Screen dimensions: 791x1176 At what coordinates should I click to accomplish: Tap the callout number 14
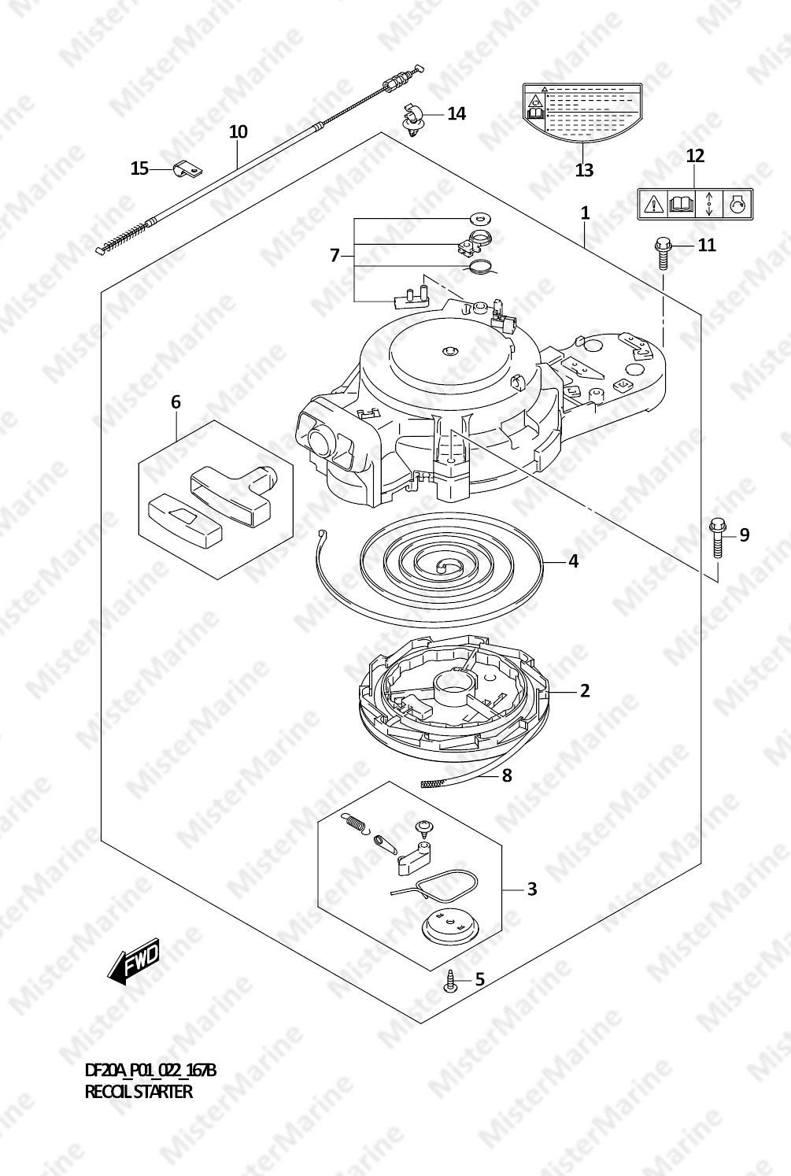tap(456, 113)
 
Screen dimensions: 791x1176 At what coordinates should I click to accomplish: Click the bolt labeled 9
tap(716, 538)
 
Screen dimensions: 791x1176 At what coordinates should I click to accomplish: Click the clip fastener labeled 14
tap(412, 120)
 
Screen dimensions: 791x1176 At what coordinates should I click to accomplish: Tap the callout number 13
tap(584, 169)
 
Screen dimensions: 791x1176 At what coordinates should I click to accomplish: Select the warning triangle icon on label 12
tap(653, 204)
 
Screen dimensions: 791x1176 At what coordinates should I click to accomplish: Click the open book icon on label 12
tap(682, 204)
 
